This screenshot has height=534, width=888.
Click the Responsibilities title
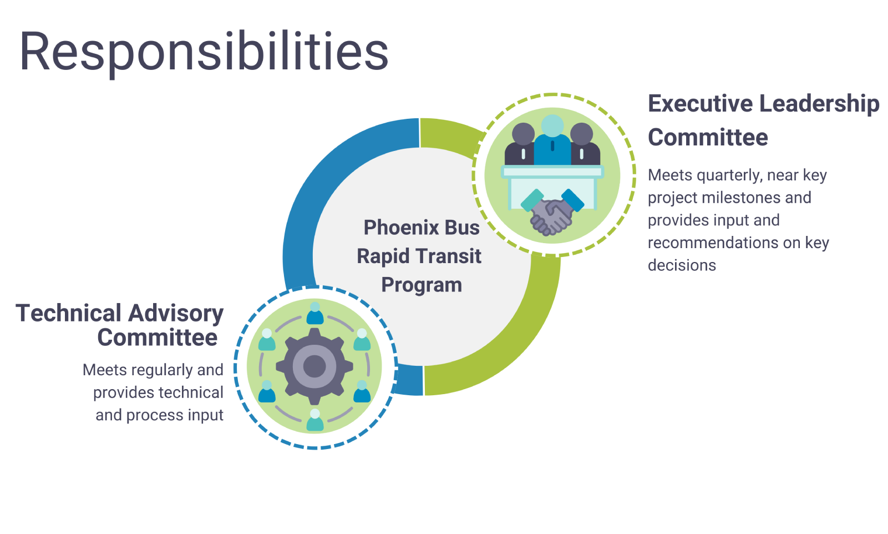click(x=204, y=52)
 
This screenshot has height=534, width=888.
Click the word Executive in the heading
click(x=698, y=104)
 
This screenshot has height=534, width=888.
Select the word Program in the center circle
click(x=422, y=285)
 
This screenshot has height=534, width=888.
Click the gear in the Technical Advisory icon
click(x=314, y=366)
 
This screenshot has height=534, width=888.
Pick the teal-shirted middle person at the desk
click(x=552, y=139)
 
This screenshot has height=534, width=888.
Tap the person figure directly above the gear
click(x=315, y=314)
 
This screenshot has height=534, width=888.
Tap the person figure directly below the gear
click(x=315, y=420)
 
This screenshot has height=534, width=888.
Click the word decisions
click(x=682, y=265)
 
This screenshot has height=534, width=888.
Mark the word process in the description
click(x=153, y=416)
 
